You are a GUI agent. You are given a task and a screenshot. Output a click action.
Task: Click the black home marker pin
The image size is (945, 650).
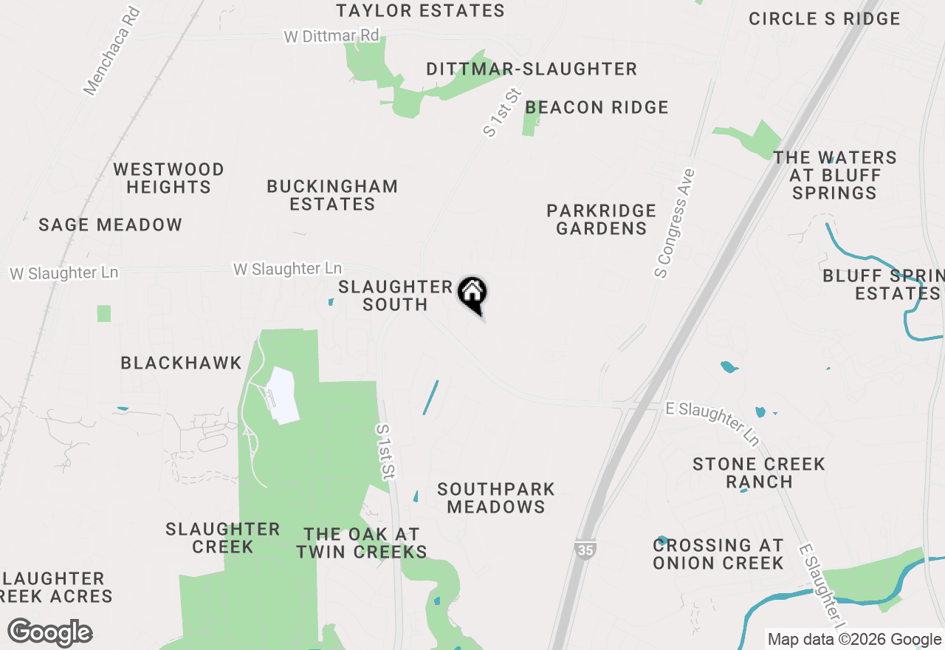(x=472, y=295)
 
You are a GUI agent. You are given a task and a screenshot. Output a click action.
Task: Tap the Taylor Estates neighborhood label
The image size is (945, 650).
(x=420, y=11)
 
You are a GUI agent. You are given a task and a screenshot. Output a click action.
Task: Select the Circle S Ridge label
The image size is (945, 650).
(x=824, y=19)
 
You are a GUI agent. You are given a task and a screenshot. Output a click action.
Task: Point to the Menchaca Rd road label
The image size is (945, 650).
(x=111, y=52)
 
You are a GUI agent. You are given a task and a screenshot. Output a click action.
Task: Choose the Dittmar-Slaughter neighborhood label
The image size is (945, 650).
(x=532, y=69)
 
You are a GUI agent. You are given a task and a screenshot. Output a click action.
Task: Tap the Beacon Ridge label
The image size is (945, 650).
(x=597, y=108)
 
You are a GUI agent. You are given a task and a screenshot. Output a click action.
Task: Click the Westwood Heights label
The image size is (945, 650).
(x=168, y=179)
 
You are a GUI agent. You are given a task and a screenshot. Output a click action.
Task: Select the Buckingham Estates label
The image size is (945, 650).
(x=332, y=195)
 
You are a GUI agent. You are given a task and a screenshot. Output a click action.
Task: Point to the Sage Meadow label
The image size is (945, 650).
(x=110, y=225)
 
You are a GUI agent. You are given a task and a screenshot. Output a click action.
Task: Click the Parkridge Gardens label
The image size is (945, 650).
(x=601, y=219)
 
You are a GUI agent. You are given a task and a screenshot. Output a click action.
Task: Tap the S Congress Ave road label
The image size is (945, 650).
(x=675, y=223)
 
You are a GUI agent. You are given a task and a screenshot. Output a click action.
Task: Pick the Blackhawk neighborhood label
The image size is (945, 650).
(x=181, y=363)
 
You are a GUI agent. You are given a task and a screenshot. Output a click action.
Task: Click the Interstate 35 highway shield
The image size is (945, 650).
(x=584, y=550)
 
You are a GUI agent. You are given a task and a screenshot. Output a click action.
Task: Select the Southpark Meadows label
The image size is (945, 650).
(x=495, y=498)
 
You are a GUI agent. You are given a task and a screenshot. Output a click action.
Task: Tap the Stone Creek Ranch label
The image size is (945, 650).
(x=758, y=473)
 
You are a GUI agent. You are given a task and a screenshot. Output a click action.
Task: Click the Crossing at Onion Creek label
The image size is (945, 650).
(x=718, y=554)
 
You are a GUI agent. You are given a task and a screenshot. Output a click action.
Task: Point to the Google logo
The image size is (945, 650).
(x=49, y=633)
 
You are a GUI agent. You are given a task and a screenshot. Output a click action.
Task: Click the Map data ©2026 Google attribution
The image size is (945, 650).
(x=854, y=640)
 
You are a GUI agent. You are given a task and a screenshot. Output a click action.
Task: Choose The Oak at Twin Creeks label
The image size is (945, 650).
(x=361, y=543)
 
